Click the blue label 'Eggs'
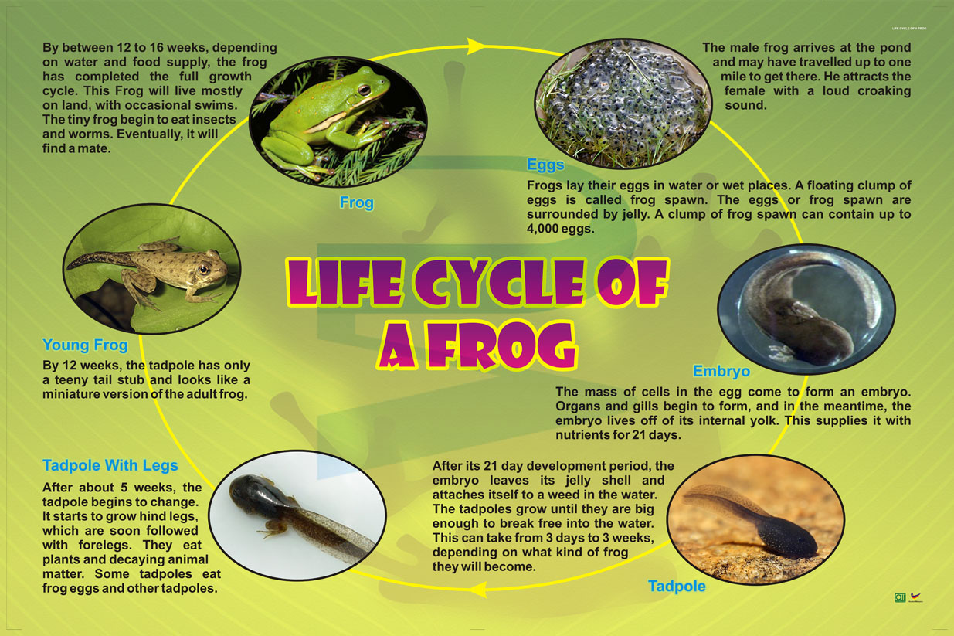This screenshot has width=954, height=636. coord(545,165)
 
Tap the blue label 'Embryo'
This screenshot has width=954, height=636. coord(721,371)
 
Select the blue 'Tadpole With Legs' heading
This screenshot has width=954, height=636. coord(110,465)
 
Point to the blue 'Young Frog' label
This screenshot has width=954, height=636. coord(85,345)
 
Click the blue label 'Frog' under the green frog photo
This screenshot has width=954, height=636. coord(356,202)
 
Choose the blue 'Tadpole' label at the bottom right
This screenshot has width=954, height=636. coord(677,587)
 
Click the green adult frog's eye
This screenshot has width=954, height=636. coord(363,91)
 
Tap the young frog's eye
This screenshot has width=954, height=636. coord(203,269)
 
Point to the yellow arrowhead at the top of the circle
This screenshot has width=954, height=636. coord(477,46)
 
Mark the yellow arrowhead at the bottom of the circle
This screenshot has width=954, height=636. coord(479,590)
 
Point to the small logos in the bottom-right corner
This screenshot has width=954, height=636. coord(908,597)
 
